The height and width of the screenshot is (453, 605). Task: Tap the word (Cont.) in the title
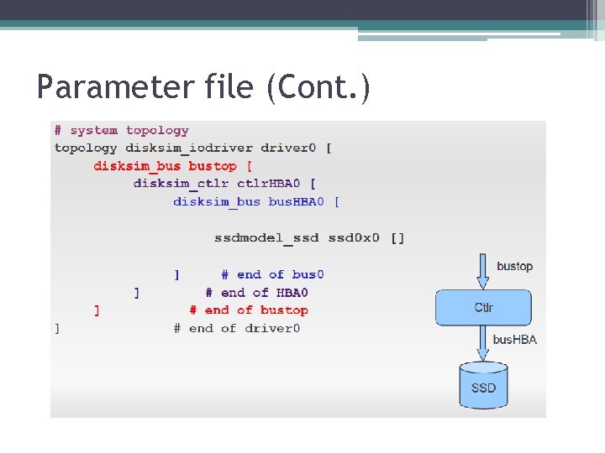coord(318,86)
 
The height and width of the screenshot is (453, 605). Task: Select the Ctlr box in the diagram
coord(483,308)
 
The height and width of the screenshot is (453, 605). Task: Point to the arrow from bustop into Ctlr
coord(483,270)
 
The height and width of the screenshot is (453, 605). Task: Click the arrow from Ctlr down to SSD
coord(483,342)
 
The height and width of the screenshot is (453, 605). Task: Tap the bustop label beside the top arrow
coord(514,267)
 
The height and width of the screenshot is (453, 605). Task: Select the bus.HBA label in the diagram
coord(514,340)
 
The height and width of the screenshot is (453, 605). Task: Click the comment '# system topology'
coord(122,131)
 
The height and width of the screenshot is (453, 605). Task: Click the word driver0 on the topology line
coord(287,148)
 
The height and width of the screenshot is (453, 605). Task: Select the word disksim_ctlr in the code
coord(181,184)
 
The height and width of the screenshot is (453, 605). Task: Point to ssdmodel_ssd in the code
coord(266,237)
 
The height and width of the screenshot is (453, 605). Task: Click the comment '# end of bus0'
coord(273,274)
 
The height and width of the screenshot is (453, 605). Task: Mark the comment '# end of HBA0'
coord(257,293)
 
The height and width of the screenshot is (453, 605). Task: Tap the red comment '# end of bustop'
coord(249,310)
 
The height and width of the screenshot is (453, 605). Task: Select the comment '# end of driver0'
coord(237,329)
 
